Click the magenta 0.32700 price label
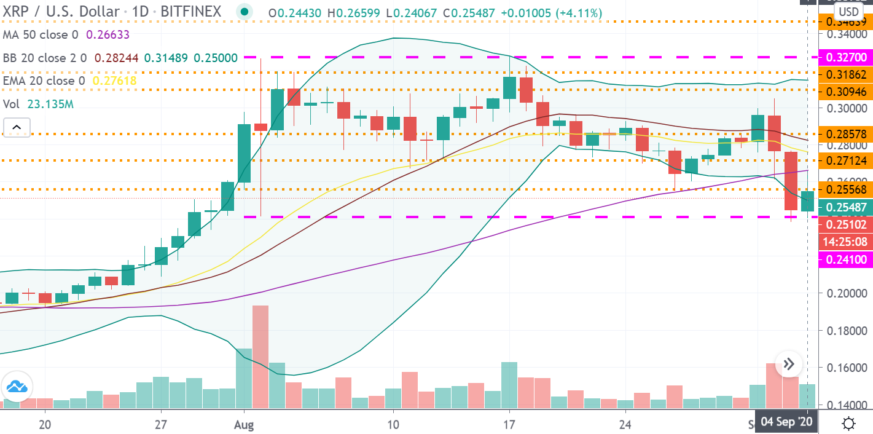pyautogui.click(x=846, y=58)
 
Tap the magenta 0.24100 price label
pyautogui.click(x=846, y=260)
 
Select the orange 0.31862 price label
pyautogui.click(x=846, y=75)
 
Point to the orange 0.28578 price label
pyautogui.click(x=846, y=133)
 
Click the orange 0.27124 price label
pyautogui.click(x=846, y=161)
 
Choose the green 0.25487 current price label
pyautogui.click(x=846, y=207)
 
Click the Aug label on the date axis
pyautogui.click(x=244, y=424)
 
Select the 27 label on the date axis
pyautogui.click(x=160, y=424)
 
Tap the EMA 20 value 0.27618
pyautogui.click(x=114, y=80)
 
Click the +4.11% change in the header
pyautogui.click(x=581, y=13)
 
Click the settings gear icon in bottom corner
pyautogui.click(x=850, y=423)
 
